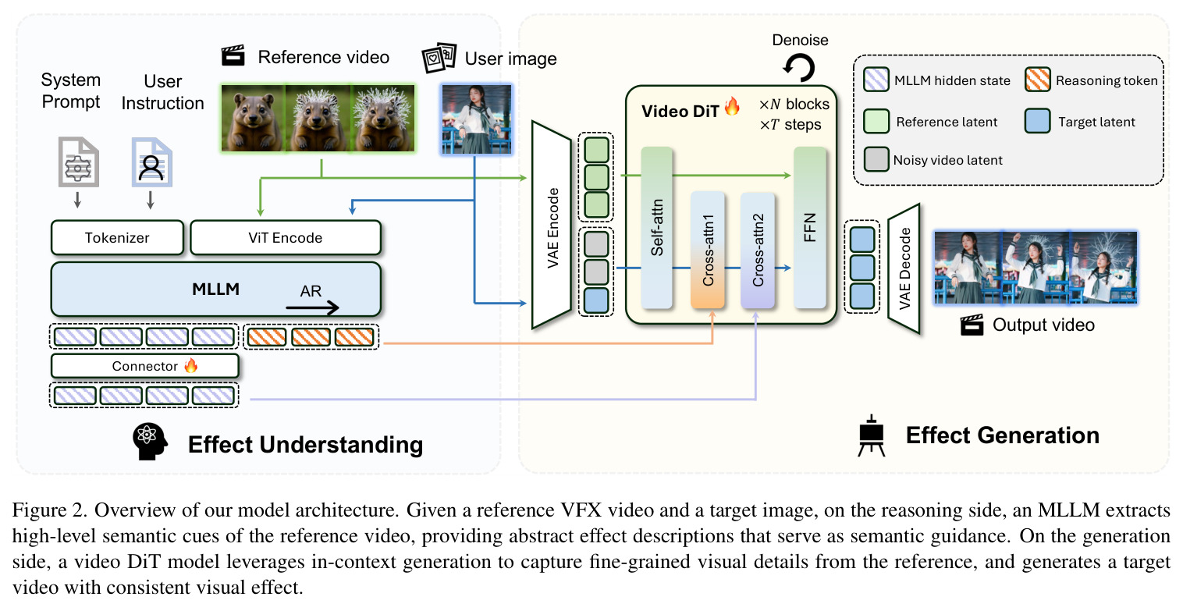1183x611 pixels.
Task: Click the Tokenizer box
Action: [117, 238]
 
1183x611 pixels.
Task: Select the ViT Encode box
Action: [285, 238]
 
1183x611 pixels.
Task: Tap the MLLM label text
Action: [215, 289]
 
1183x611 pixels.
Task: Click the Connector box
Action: [144, 366]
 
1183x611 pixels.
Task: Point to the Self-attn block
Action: [656, 228]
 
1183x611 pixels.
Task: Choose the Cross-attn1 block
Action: [708, 250]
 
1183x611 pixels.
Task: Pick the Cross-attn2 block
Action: [758, 250]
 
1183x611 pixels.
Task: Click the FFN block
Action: [810, 228]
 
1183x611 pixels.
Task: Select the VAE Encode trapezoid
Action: [552, 225]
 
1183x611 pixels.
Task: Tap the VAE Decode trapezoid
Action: [904, 268]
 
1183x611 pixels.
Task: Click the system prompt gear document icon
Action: [78, 162]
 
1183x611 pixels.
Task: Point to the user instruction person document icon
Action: [151, 162]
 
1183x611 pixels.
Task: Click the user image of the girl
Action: [476, 119]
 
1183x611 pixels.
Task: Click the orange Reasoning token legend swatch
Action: [1037, 80]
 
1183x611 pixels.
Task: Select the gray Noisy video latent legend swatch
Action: [876, 159]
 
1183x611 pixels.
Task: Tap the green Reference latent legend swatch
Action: [876, 121]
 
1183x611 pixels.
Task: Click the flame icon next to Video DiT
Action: [732, 107]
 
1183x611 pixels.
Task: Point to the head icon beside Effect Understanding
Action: [150, 442]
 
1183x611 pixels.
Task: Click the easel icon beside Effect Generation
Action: [872, 436]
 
